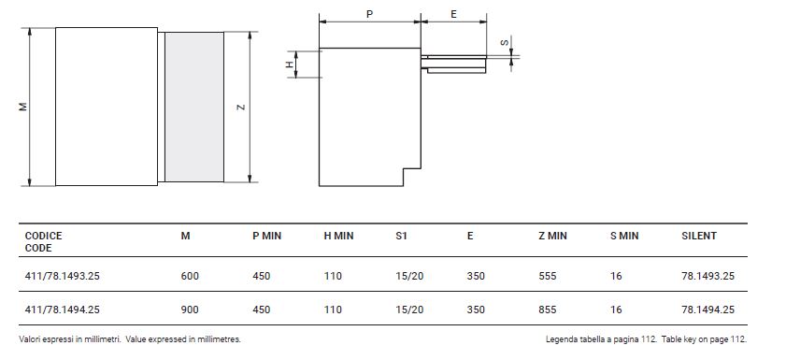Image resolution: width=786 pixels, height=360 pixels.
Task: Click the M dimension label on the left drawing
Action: tap(23, 107)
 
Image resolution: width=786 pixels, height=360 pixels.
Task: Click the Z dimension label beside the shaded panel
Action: tap(241, 107)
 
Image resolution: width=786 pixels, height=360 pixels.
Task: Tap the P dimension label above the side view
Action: tap(369, 14)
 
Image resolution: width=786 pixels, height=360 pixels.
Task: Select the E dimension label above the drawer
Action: tap(453, 14)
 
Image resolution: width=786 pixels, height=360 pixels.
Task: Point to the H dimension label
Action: tap(289, 65)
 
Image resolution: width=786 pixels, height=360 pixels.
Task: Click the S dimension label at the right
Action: tap(505, 43)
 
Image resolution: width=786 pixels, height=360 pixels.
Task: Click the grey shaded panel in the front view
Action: tap(194, 107)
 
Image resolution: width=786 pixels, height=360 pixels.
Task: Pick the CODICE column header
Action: tap(44, 236)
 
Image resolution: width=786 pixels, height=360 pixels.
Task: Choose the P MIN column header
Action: tap(266, 236)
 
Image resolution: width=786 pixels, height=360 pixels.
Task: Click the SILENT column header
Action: tap(699, 236)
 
